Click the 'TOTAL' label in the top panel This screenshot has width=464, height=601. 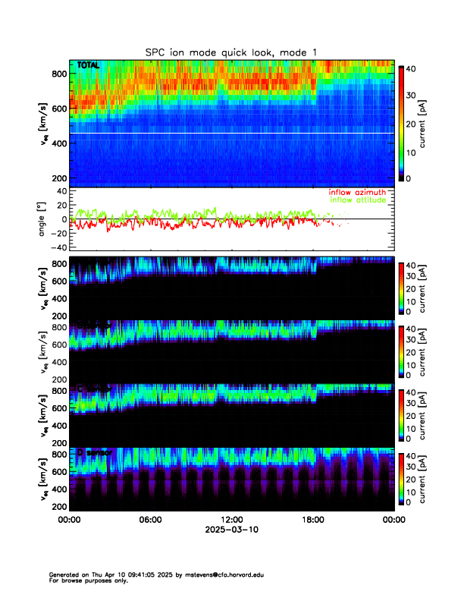point(88,66)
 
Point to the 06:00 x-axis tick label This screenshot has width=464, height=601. point(150,520)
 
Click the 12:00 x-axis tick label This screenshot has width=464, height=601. point(231,520)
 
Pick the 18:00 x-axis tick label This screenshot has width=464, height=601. point(312,520)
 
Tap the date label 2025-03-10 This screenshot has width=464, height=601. point(231,530)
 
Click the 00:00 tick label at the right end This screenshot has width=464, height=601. point(393,520)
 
